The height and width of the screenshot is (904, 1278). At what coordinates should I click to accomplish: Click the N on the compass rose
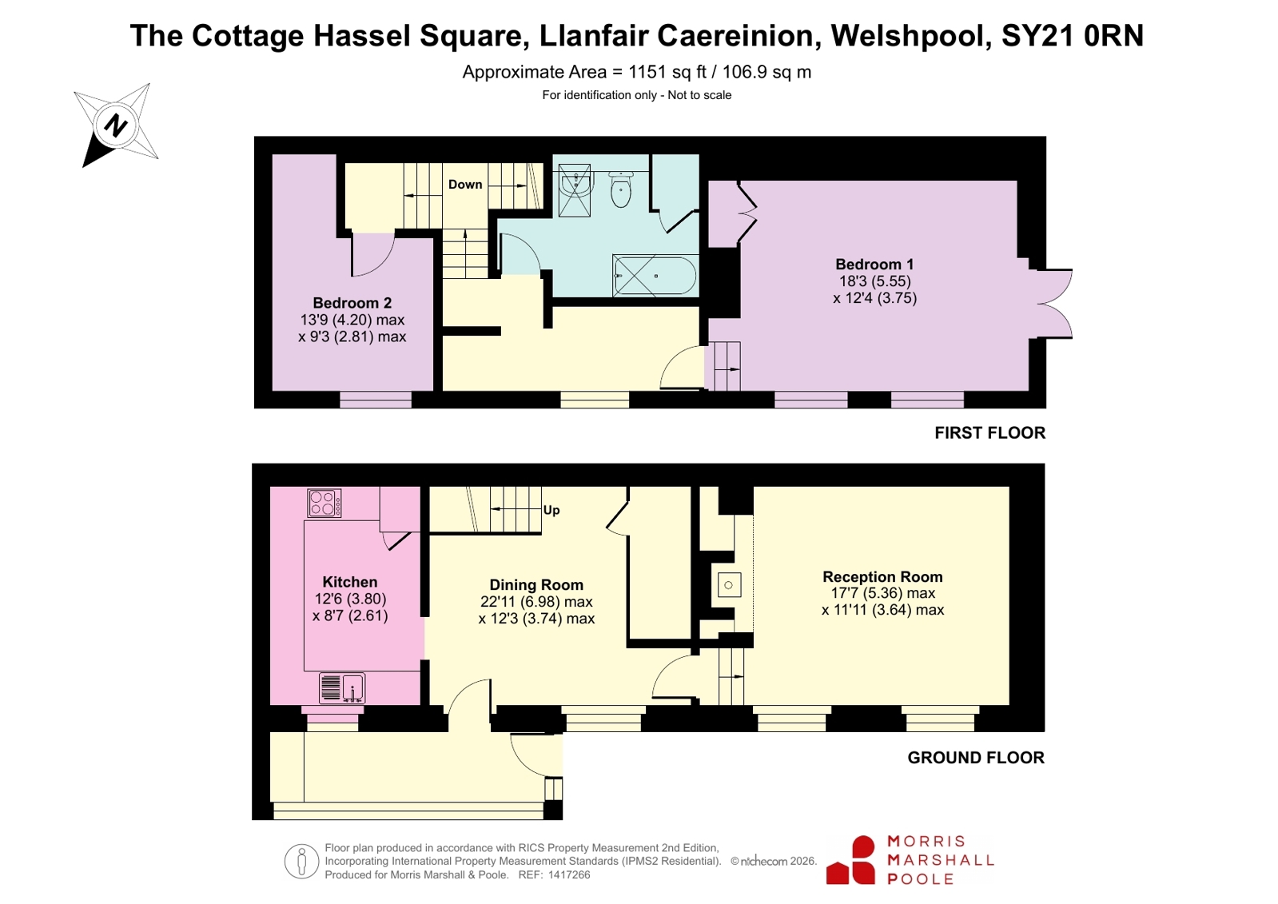(116, 125)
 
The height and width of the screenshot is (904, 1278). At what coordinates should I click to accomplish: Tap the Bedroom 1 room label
(874, 265)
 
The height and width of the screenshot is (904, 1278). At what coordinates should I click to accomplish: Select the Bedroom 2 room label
(352, 302)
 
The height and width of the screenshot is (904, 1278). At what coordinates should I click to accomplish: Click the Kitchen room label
(350, 582)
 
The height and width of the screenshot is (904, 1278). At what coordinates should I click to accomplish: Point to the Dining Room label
(536, 585)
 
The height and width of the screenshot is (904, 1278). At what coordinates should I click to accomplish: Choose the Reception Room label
(882, 576)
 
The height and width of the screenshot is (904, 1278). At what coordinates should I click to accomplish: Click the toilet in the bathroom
(621, 189)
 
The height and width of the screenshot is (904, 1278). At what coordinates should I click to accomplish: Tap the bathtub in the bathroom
(655, 276)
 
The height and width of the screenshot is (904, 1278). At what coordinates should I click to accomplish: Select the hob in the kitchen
(324, 504)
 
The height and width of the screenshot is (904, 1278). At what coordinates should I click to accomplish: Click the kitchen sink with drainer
(342, 687)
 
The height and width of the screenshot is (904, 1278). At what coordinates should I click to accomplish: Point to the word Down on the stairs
(465, 185)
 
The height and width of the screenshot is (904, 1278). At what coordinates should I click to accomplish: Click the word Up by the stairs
(551, 510)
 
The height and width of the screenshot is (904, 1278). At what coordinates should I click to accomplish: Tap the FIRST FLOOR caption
(990, 432)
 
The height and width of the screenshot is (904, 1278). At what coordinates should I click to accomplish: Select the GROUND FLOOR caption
(976, 757)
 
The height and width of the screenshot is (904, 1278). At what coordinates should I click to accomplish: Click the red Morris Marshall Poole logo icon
(850, 860)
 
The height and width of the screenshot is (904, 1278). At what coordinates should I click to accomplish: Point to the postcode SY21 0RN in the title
(1073, 35)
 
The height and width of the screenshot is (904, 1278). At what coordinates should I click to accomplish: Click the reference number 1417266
(569, 875)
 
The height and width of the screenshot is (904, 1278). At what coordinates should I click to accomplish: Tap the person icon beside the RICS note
(301, 861)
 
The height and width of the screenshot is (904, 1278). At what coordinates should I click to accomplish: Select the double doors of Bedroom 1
(1053, 305)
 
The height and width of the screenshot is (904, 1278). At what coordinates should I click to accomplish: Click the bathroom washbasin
(577, 181)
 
